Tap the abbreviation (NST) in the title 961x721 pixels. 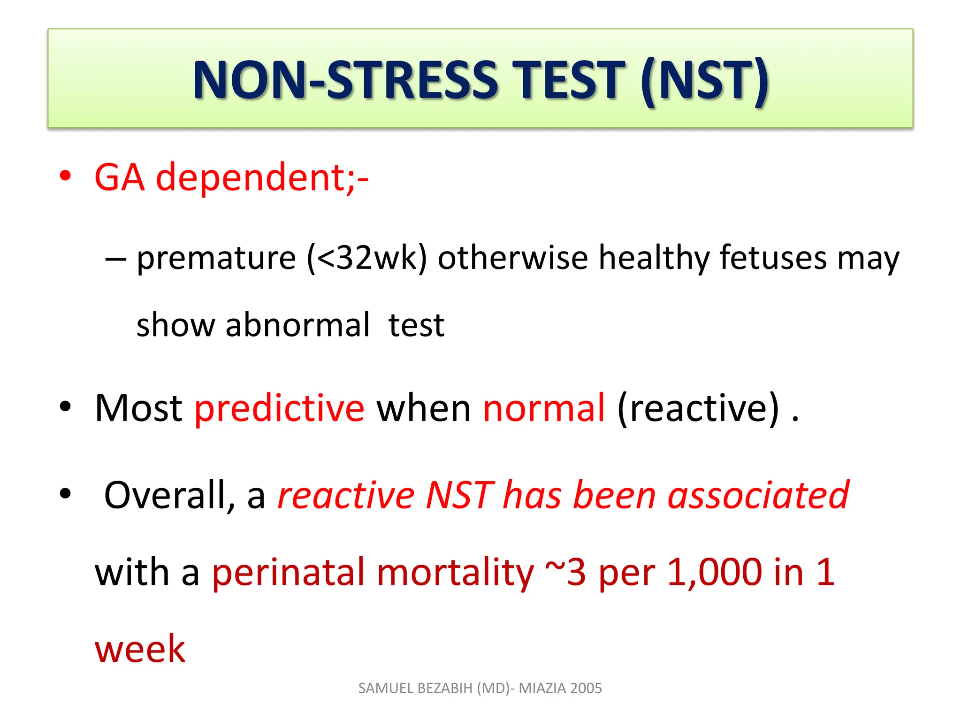(x=704, y=81)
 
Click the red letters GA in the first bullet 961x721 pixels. (x=119, y=177)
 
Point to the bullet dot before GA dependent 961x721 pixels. (x=65, y=176)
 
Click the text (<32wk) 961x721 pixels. (x=366, y=258)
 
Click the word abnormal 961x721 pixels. (x=297, y=325)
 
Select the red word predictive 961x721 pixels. (x=279, y=408)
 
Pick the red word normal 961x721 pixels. (x=544, y=408)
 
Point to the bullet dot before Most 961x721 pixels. (x=65, y=407)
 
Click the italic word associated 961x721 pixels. (x=758, y=495)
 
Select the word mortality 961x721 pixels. (x=455, y=573)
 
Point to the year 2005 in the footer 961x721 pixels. (x=586, y=688)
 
